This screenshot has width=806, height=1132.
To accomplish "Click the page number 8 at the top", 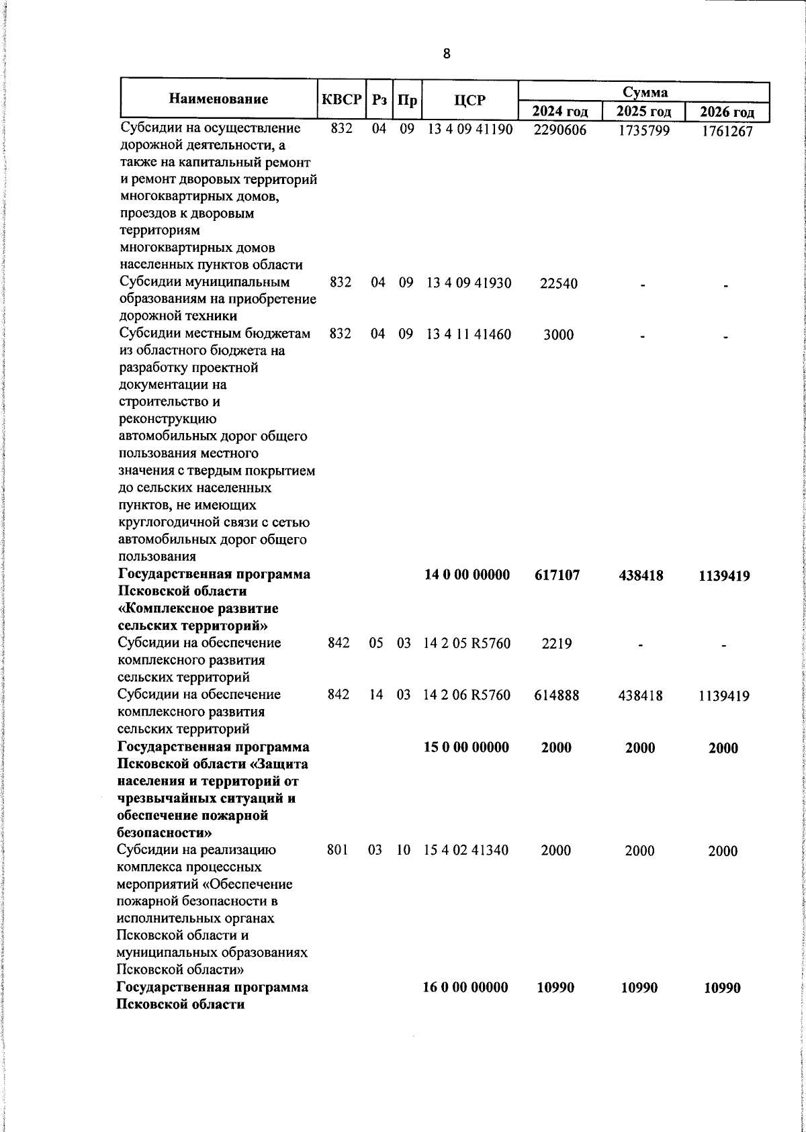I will [x=447, y=54].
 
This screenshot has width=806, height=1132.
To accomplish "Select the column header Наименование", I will [x=218, y=99].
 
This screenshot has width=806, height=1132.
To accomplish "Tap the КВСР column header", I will [x=342, y=99].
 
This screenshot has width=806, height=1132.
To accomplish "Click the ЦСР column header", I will [x=469, y=100].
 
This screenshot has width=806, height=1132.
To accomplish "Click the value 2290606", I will [x=559, y=130].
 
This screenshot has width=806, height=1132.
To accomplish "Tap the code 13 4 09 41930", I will [x=469, y=283].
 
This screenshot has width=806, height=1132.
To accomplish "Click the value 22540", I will [x=558, y=284].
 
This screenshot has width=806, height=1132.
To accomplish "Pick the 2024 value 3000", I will [x=558, y=334].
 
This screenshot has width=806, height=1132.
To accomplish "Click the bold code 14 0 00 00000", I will [x=467, y=575].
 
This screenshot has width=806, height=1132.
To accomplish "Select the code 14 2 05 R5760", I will [x=467, y=643].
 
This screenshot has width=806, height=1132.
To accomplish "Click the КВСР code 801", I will [x=337, y=850].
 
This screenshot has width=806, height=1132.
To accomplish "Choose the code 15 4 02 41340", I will [x=467, y=850].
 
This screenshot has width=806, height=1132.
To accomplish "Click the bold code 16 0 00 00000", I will [x=466, y=987].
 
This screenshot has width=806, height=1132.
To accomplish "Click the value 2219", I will [x=557, y=644].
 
